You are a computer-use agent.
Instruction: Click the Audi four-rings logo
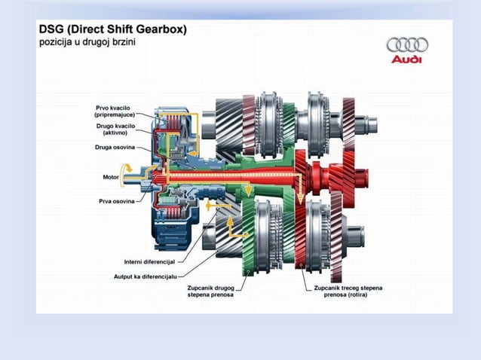pos(407,44)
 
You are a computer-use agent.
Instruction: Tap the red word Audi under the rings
pos(406,59)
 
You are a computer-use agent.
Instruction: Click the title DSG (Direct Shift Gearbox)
pos(113,29)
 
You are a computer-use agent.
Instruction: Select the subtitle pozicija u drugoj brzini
pos(87,41)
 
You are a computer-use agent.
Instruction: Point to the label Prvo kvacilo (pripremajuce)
pos(115,111)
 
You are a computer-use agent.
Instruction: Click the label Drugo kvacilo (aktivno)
pos(115,130)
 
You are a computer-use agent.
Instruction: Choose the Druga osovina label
pos(115,148)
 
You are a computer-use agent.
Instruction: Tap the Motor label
pos(111,177)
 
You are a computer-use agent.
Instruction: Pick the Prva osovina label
pos(117,201)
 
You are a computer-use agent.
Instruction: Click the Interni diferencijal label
pos(149,262)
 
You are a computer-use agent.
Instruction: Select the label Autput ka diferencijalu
pos(146,276)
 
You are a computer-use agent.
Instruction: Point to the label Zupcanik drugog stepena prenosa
pos(211,291)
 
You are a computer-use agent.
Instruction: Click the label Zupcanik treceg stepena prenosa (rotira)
pos(348,291)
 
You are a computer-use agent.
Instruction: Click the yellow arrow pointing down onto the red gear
pos(300,193)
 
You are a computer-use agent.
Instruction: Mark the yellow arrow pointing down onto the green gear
pos(248,189)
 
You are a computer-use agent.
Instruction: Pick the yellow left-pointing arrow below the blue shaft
pos(219,206)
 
